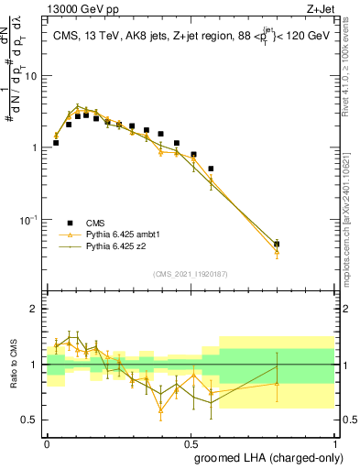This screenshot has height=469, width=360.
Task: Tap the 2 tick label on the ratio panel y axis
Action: (x=34, y=310)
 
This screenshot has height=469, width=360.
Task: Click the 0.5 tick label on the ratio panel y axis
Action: (x=30, y=420)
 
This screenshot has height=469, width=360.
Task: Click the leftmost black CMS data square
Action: (x=56, y=143)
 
